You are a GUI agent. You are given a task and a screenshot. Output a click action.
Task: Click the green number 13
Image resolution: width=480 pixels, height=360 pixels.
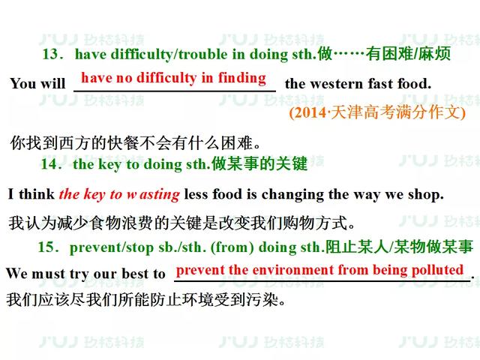[50, 54]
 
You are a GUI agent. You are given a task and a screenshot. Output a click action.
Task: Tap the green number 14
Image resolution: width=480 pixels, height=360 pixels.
[49, 163]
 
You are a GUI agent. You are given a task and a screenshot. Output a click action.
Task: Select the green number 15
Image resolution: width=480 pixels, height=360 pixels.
[46, 247]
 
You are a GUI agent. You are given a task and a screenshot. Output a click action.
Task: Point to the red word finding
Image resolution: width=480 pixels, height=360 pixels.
[241, 78]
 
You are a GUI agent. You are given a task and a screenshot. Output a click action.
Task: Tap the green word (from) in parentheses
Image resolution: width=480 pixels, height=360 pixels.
[232, 247]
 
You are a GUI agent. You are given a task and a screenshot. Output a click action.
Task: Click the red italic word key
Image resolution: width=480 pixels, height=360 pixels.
[94, 195]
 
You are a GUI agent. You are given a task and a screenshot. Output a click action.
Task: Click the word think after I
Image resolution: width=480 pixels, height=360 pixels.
[37, 194]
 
